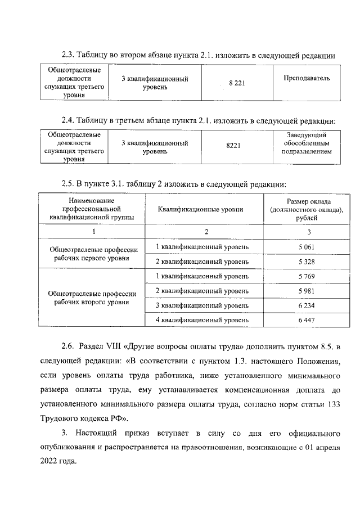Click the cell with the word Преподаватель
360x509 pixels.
(x=307, y=78)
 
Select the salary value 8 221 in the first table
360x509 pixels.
(x=236, y=83)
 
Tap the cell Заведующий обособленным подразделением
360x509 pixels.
(x=306, y=143)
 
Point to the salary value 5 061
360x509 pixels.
(x=307, y=246)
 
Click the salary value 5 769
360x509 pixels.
(x=307, y=276)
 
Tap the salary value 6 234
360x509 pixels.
(x=307, y=305)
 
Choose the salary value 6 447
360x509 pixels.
(x=307, y=319)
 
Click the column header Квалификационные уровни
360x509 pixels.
(x=204, y=209)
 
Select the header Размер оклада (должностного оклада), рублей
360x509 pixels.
(x=307, y=209)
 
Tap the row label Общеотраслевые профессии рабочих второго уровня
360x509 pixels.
(x=94, y=298)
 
